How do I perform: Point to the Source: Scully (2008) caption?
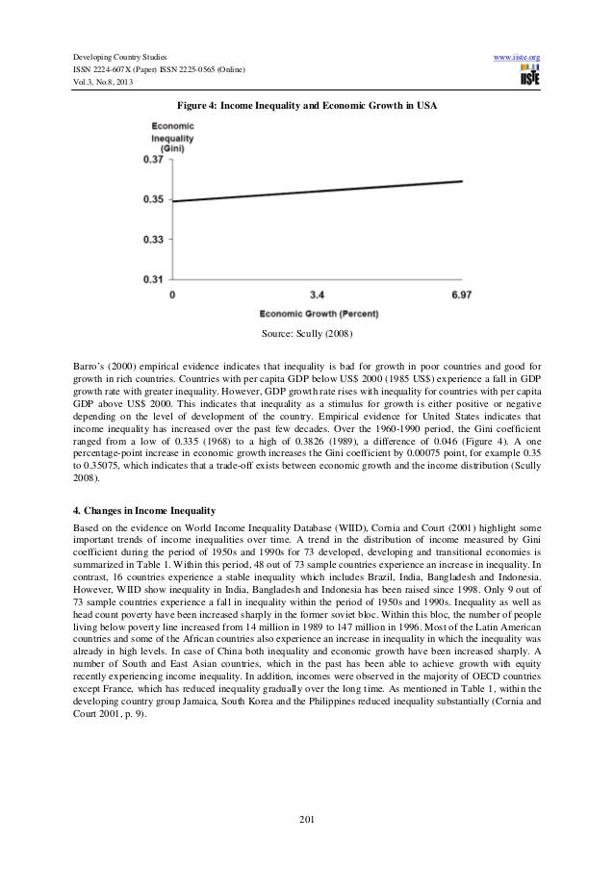307,336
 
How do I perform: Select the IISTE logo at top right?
528,78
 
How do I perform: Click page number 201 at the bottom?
306,820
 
